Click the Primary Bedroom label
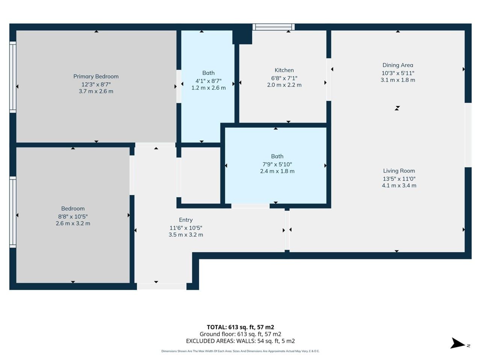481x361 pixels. pyautogui.click(x=96, y=76)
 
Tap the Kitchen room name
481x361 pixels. pyautogui.click(x=284, y=70)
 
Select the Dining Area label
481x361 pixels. pyautogui.click(x=398, y=65)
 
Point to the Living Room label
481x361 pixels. pyautogui.click(x=399, y=171)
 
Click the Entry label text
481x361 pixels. pyautogui.click(x=186, y=220)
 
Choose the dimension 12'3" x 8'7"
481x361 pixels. pyautogui.click(x=96, y=84)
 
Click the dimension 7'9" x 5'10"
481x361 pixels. pyautogui.click(x=277, y=164)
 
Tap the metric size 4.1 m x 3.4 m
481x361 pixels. pyautogui.click(x=399, y=185)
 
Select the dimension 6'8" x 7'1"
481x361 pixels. pyautogui.click(x=284, y=78)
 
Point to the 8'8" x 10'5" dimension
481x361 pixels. pyautogui.click(x=73, y=217)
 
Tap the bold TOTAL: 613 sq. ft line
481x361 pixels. pyautogui.click(x=240, y=327)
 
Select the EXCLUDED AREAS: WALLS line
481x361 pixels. pyautogui.click(x=240, y=341)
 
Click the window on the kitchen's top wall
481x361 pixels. pyautogui.click(x=274, y=27)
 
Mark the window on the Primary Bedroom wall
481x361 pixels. pyautogui.click(x=13, y=77)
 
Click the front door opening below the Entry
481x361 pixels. pyautogui.click(x=162, y=286)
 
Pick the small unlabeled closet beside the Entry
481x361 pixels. pyautogui.click(x=201, y=175)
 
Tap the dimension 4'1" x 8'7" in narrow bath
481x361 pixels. pyautogui.click(x=209, y=81)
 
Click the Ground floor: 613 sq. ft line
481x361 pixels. pyautogui.click(x=240, y=334)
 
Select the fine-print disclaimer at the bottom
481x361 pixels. pyautogui.click(x=240, y=351)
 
